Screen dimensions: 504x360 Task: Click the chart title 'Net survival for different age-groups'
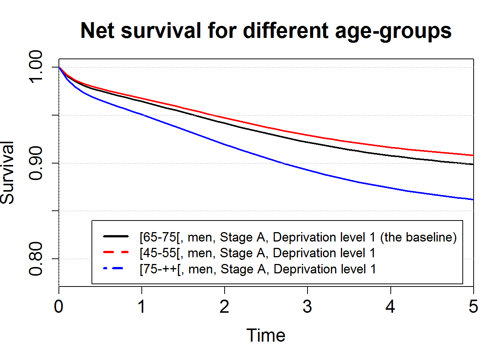(266, 31)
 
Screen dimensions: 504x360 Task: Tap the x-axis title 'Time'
(266, 335)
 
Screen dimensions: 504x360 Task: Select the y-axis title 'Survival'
(7, 173)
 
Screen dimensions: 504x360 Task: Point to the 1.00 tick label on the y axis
(36, 67)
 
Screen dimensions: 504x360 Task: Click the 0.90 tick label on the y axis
(36, 163)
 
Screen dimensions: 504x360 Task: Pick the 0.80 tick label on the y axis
(36, 259)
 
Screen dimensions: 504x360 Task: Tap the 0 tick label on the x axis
(58, 306)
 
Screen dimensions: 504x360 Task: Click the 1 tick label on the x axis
(141, 306)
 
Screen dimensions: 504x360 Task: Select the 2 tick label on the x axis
(224, 306)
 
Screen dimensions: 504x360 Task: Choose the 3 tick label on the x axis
(307, 306)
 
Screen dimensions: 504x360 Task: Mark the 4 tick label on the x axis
(390, 306)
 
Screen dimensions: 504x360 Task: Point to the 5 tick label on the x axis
(473, 306)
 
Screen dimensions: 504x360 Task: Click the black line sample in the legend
(116, 236)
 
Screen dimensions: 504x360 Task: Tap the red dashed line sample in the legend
(116, 252)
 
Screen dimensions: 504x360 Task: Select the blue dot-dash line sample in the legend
(113, 268)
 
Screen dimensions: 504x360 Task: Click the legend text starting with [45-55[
(257, 253)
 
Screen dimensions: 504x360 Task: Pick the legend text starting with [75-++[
(258, 269)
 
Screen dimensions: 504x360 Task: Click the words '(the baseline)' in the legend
(418, 237)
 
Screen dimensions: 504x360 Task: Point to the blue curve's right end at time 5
(473, 199)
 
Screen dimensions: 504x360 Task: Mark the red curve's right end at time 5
(473, 155)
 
